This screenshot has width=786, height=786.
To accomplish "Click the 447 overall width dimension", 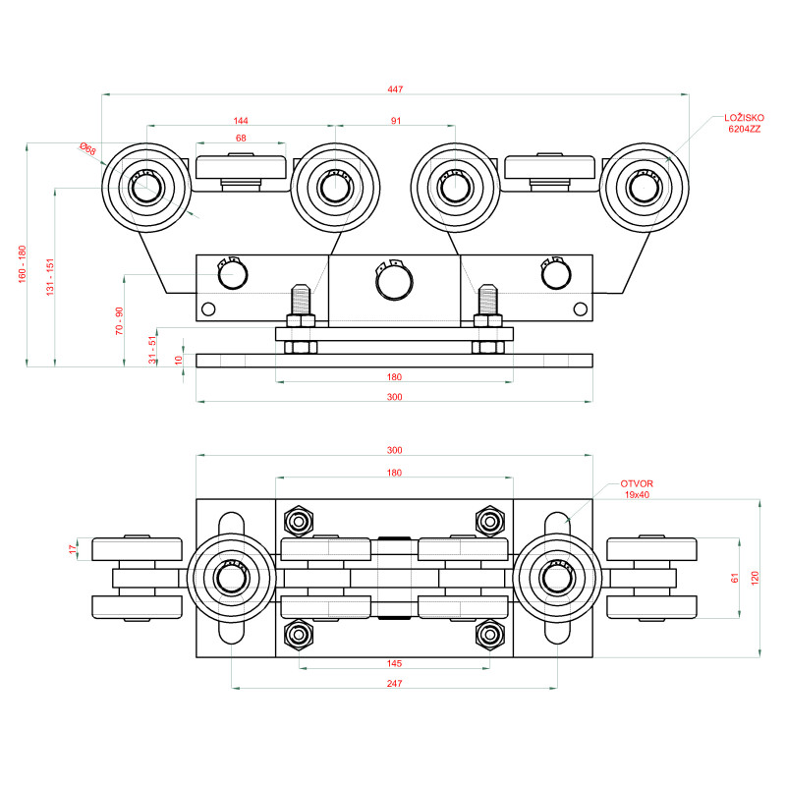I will point(395,89).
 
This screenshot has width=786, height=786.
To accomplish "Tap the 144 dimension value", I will point(241,121).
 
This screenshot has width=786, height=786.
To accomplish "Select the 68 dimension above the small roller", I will point(241,139).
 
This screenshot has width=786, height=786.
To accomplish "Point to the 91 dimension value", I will point(396,121).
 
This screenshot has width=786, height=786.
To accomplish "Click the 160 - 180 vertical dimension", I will point(22,263).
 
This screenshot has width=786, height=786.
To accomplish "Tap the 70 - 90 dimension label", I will point(119,322).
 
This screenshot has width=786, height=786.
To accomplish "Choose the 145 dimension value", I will point(394,663).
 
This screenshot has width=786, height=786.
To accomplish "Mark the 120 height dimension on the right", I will point(755,579).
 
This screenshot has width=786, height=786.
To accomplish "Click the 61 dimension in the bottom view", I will point(734,579).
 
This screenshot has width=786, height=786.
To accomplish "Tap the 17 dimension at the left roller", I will point(72,549).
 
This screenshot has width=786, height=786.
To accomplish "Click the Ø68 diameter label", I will point(88,150).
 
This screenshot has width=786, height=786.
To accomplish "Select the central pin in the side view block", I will point(393,281).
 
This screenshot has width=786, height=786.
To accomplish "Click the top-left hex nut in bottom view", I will point(297,519).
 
